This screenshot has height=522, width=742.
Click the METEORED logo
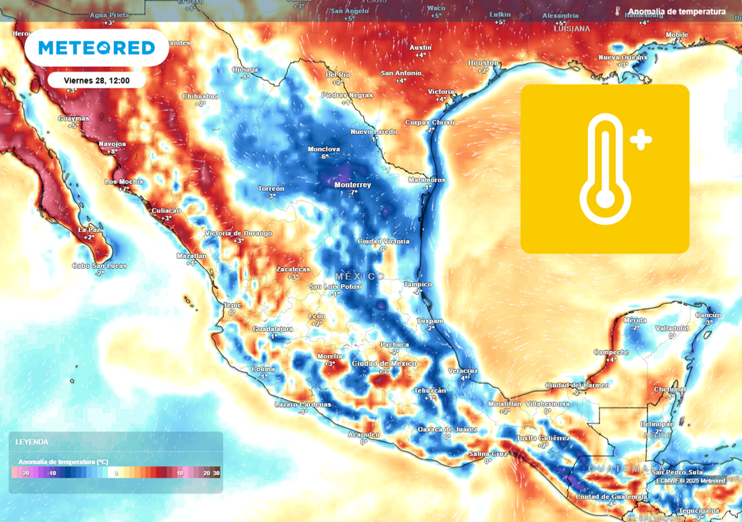[x=96, y=48]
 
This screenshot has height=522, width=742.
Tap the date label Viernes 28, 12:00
[x=96, y=80]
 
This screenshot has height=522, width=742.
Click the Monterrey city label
[x=353, y=185]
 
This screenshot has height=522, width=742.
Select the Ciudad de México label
[x=383, y=363]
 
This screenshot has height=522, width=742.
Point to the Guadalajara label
[x=272, y=329]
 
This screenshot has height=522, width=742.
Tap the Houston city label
[x=483, y=62]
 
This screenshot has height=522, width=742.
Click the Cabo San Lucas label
[x=99, y=266]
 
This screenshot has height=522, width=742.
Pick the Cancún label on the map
[x=707, y=315]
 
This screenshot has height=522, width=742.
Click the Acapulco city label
[x=363, y=434]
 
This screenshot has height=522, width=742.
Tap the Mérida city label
[x=635, y=320]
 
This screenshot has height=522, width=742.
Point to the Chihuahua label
[x=200, y=96]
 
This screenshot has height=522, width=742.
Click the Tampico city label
[x=418, y=284]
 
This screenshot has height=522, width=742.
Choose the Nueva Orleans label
[x=623, y=58]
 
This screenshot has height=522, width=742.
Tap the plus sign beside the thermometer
[x=640, y=139]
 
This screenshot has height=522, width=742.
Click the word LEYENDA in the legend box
[x=32, y=442]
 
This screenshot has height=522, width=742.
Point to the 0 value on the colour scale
[x=116, y=473]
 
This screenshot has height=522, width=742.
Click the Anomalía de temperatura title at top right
[x=677, y=12]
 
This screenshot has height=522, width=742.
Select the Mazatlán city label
[x=191, y=256]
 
